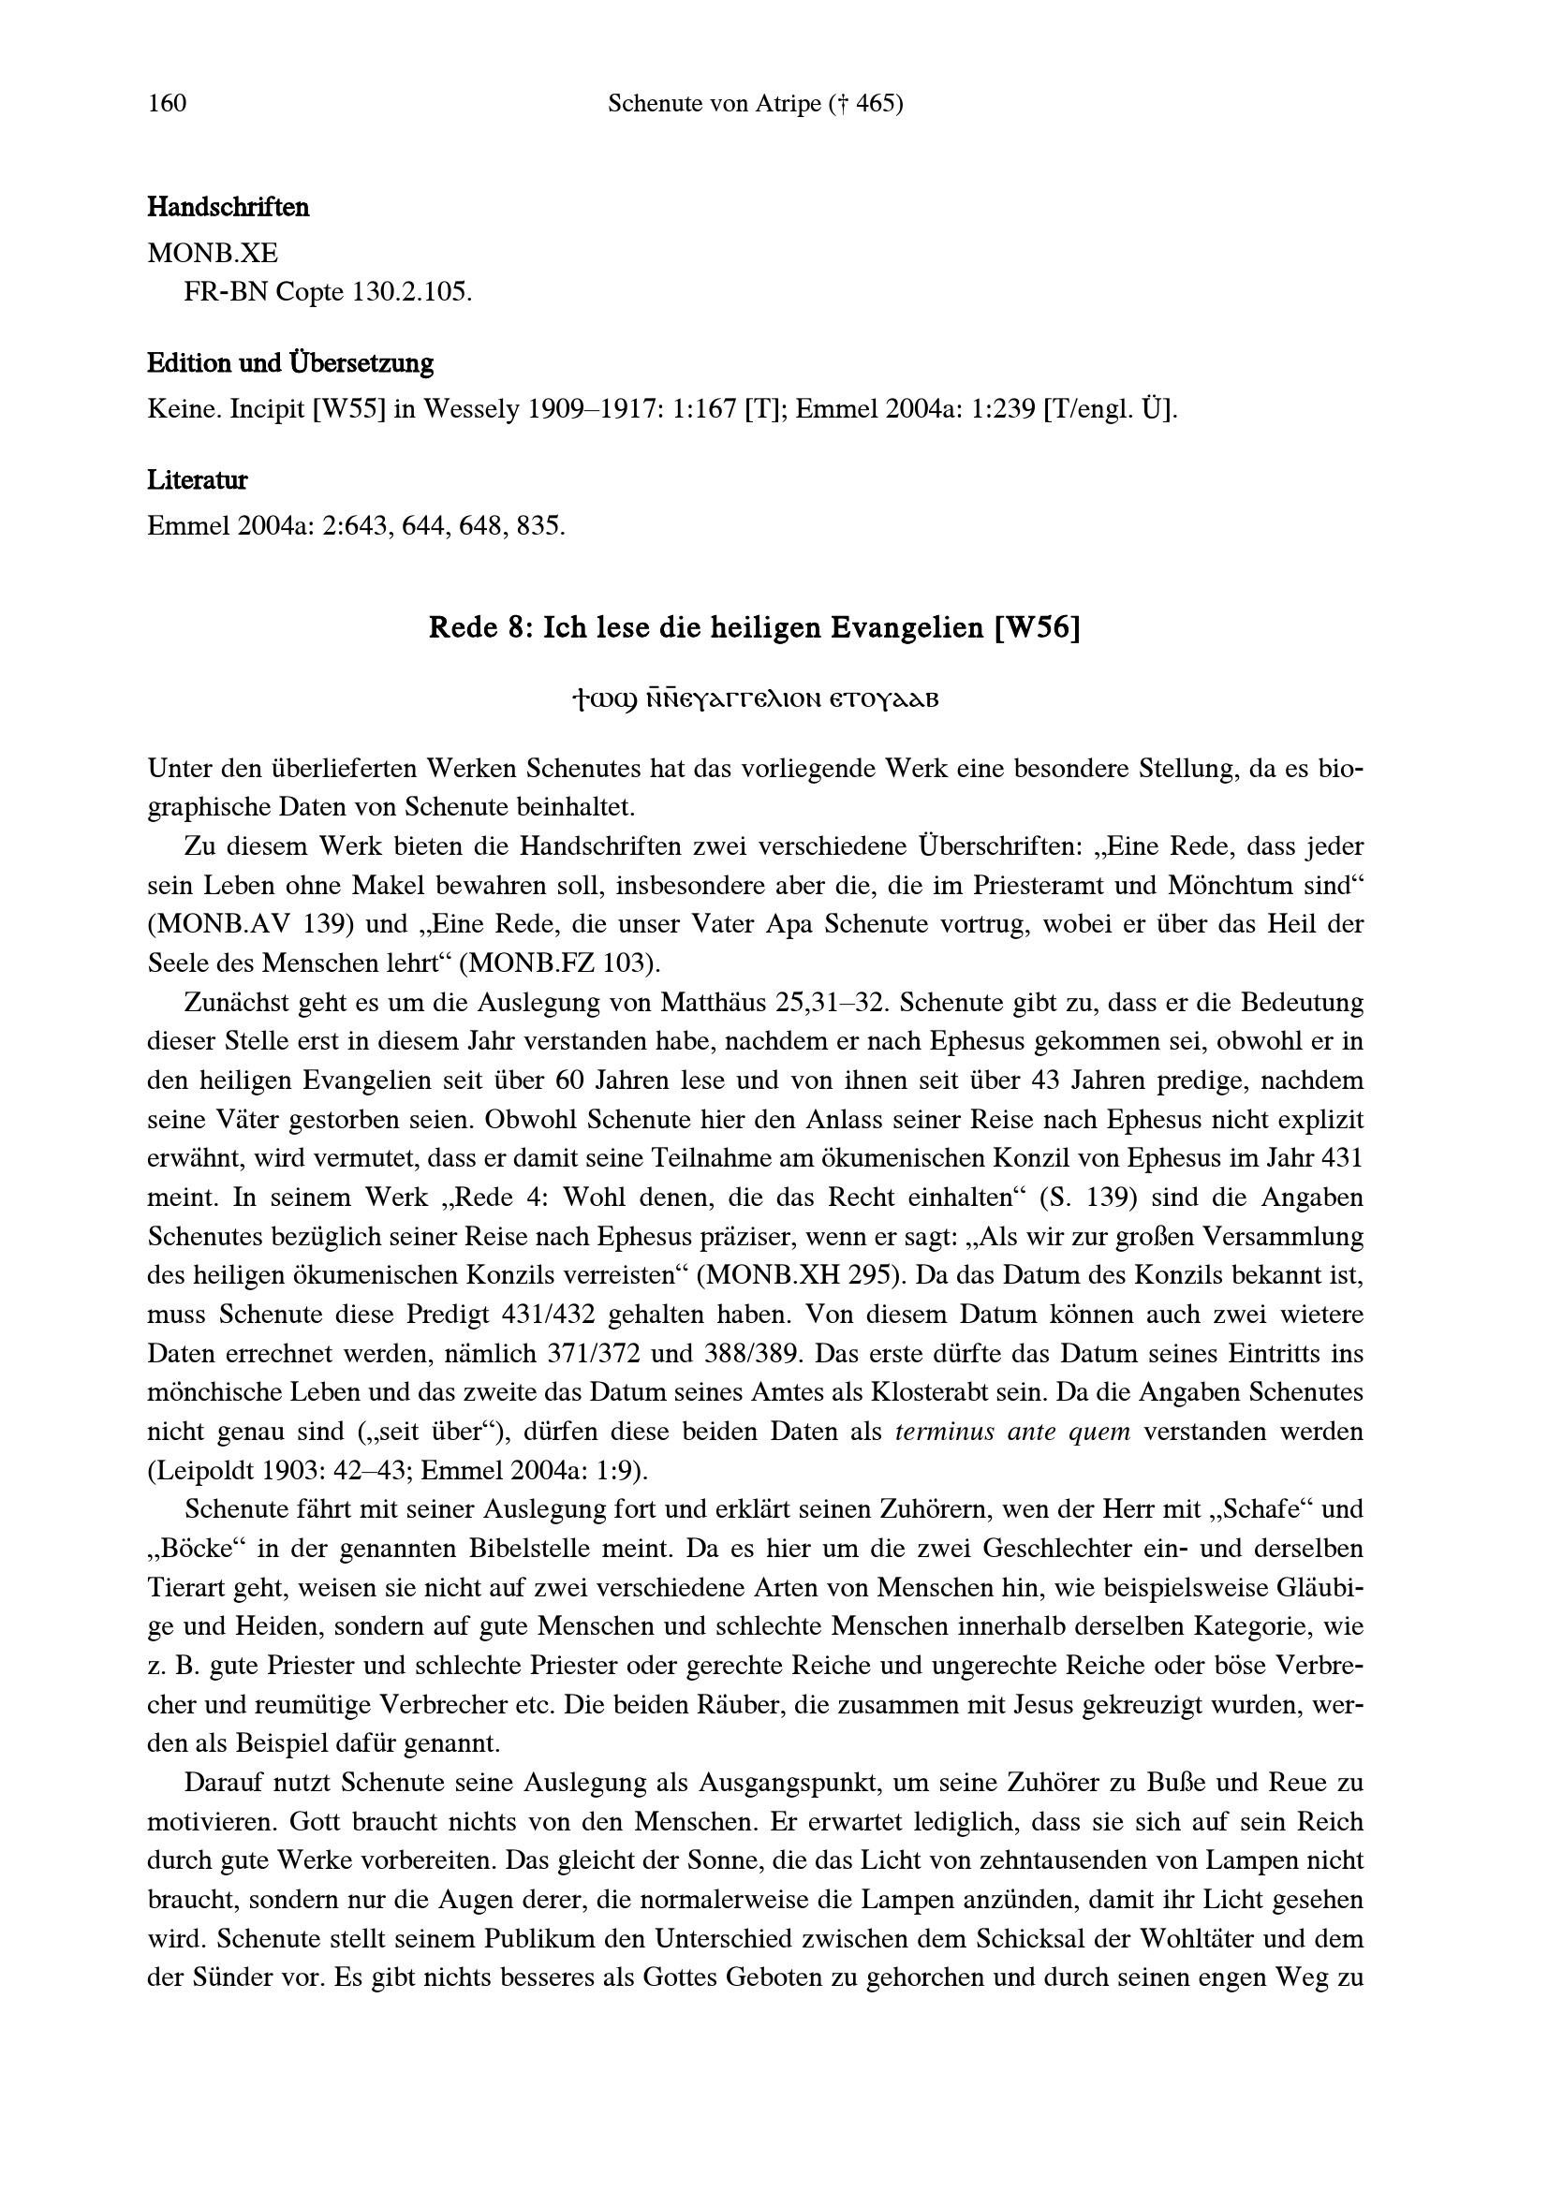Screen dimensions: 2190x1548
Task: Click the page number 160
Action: pyautogui.click(x=167, y=103)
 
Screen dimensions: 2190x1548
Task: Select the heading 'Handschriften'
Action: pyautogui.click(x=228, y=207)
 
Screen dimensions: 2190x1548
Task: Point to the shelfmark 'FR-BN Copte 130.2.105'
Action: pyautogui.click(x=327, y=292)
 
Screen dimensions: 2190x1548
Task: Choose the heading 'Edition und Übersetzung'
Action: pyautogui.click(x=290, y=363)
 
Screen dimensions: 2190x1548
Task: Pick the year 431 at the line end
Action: pyautogui.click(x=1342, y=1160)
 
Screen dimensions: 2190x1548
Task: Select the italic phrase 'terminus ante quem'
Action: pyautogui.click(x=1013, y=1433)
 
